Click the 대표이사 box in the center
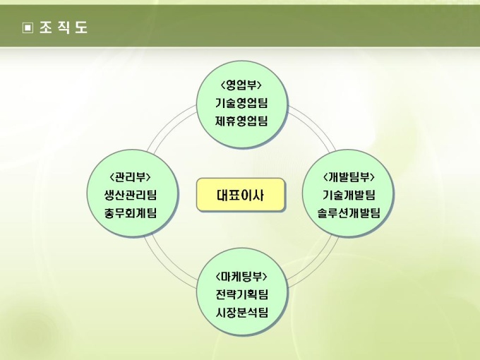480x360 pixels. pos(241,195)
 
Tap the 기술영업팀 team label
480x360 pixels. pos(241,103)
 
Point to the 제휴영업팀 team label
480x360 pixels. pos(241,120)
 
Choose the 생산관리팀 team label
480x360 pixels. pos(131,195)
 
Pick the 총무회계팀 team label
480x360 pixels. pos(131,212)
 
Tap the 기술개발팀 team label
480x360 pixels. pos(349,195)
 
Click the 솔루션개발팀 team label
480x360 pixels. pos(349,212)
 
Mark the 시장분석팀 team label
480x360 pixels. pos(241,311)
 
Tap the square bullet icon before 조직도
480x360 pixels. pos(28,28)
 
